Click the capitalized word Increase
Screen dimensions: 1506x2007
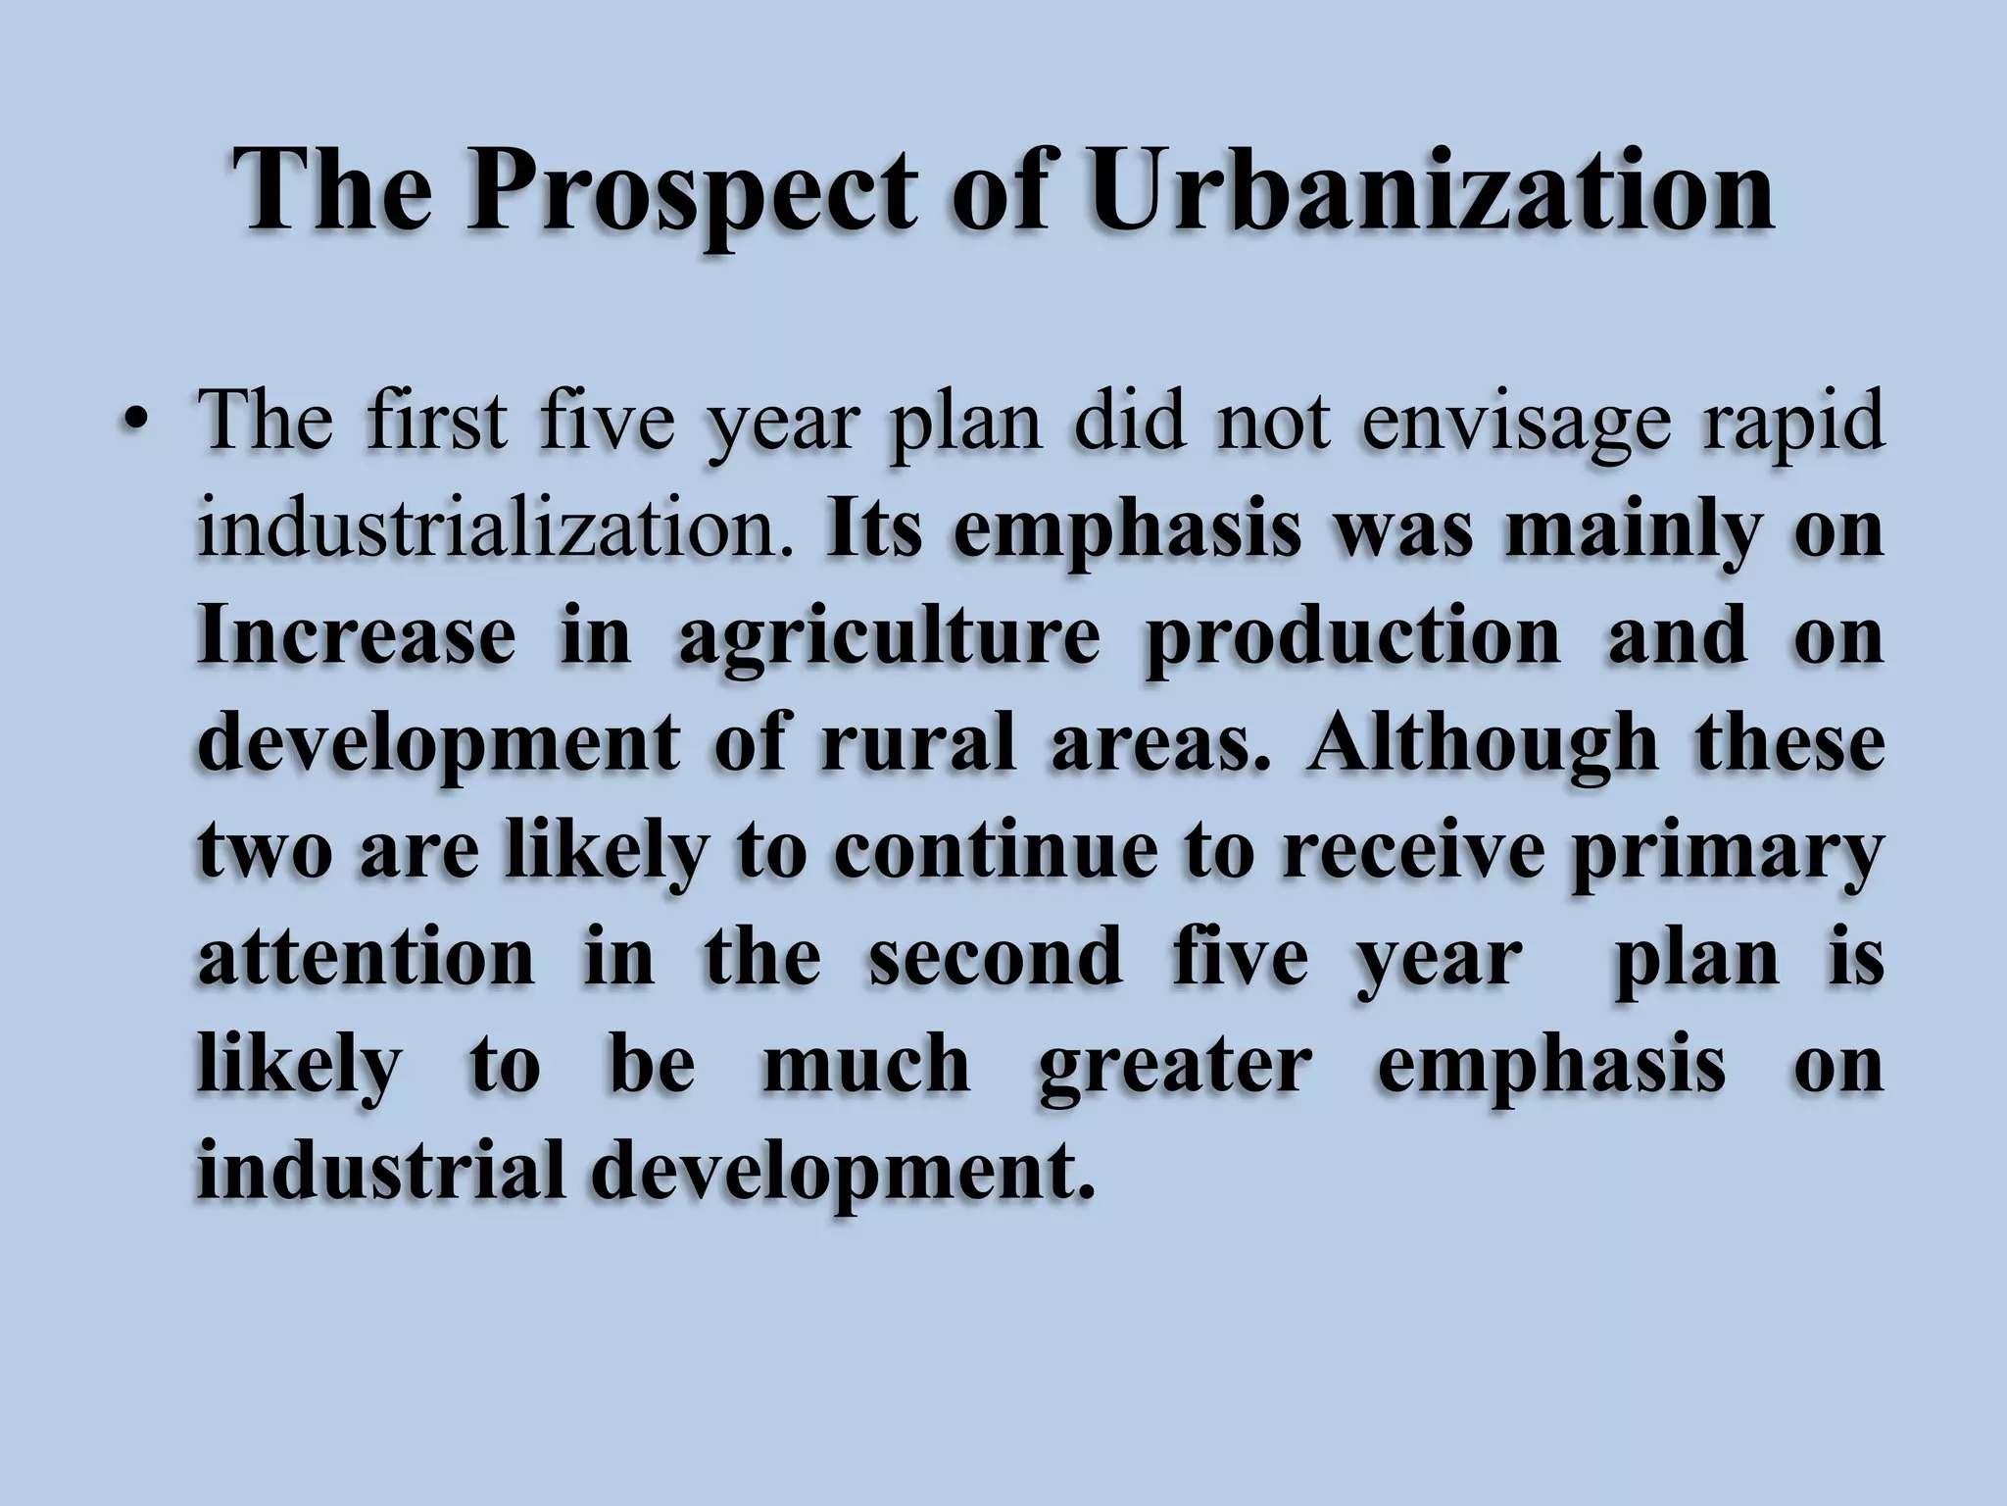[357, 636]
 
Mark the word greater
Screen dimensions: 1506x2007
[1175, 1067]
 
